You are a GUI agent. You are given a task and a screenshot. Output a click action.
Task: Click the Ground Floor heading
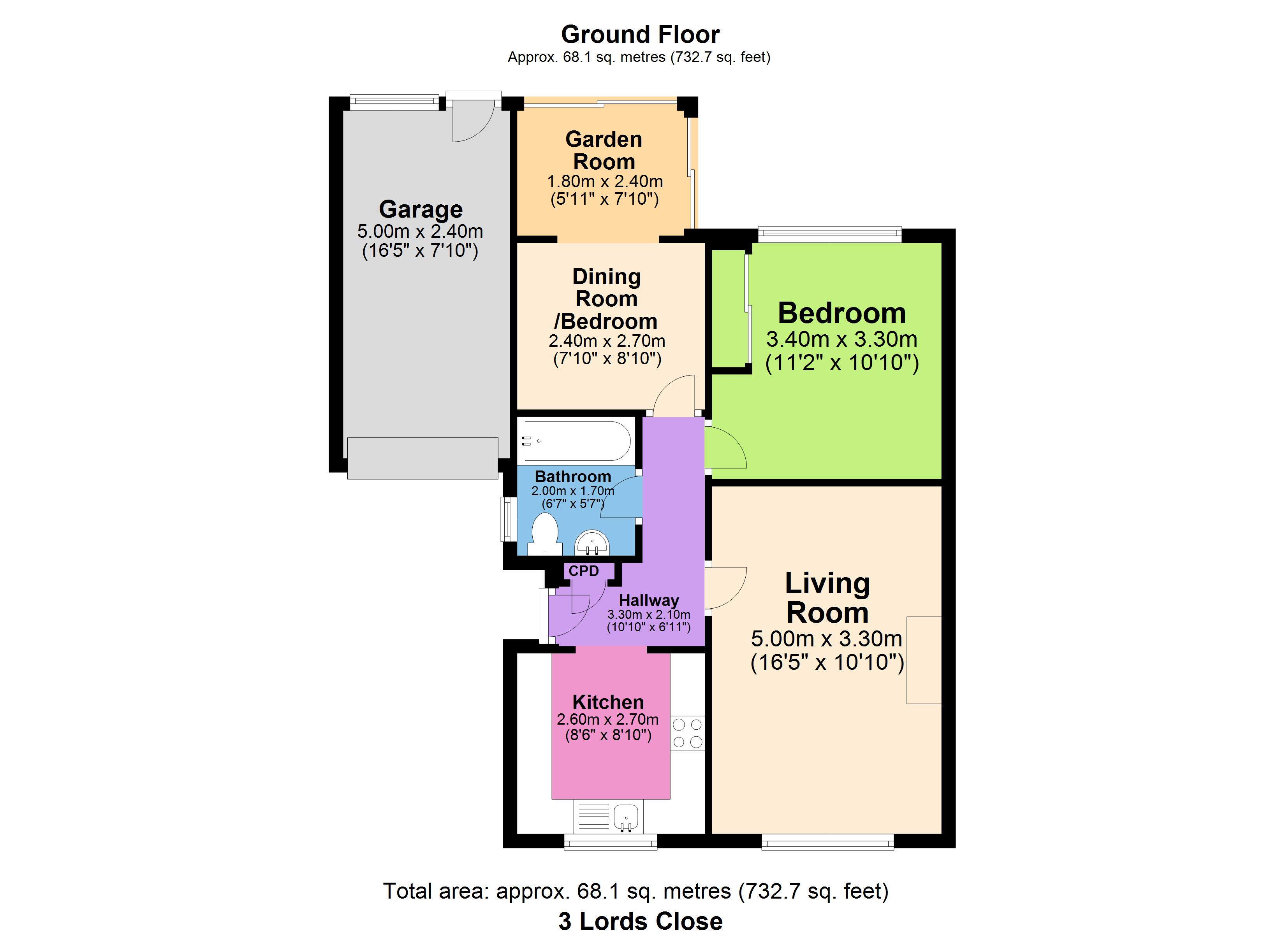point(640,35)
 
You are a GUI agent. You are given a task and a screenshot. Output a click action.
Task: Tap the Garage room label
point(421,209)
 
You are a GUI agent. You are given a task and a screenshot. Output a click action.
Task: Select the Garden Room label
point(604,150)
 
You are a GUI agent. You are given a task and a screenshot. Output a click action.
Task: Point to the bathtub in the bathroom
point(577,441)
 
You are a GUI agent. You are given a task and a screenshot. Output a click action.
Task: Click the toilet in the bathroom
point(545,534)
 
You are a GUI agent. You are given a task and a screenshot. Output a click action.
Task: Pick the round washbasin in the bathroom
point(592,542)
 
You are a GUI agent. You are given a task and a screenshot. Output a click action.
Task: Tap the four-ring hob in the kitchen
point(687,733)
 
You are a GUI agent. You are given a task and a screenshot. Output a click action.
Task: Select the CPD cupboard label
point(584,571)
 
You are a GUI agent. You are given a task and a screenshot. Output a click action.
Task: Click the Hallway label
point(649,600)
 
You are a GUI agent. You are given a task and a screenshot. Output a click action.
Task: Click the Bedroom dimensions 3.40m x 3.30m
point(842,339)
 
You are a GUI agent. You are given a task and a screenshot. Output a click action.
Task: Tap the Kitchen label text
point(608,702)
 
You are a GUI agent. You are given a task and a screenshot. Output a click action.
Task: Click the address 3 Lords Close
point(640,922)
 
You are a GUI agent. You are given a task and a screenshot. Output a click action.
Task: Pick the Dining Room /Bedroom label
point(606,299)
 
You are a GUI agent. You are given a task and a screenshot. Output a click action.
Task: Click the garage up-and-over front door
point(422,458)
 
